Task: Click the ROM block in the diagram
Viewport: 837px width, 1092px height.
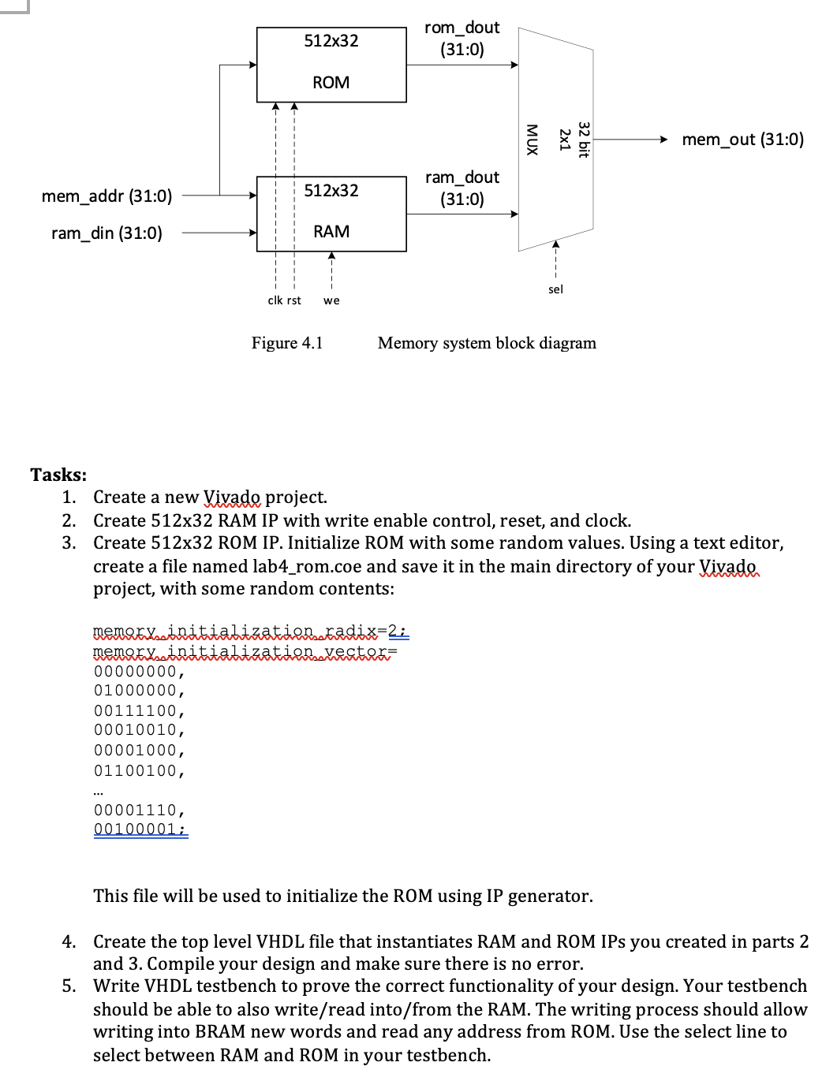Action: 331,65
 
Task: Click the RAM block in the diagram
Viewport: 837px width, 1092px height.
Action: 331,214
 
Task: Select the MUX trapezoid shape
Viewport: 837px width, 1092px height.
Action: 555,140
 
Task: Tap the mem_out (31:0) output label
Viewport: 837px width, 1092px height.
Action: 742,140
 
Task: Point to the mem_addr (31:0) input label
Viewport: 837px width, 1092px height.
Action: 106,196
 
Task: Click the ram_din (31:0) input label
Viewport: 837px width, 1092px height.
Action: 106,233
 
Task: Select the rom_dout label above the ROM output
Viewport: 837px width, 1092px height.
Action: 461,28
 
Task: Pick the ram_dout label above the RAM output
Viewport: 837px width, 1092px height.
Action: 461,178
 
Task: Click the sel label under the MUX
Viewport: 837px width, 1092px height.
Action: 555,289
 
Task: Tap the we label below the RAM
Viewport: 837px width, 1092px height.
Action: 331,300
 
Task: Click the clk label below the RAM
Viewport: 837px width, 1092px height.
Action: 275,300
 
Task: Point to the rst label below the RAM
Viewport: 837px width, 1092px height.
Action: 293,300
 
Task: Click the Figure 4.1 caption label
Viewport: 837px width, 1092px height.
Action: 287,343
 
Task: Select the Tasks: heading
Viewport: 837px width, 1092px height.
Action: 58,475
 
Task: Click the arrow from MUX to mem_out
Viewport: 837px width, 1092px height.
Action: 630,140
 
